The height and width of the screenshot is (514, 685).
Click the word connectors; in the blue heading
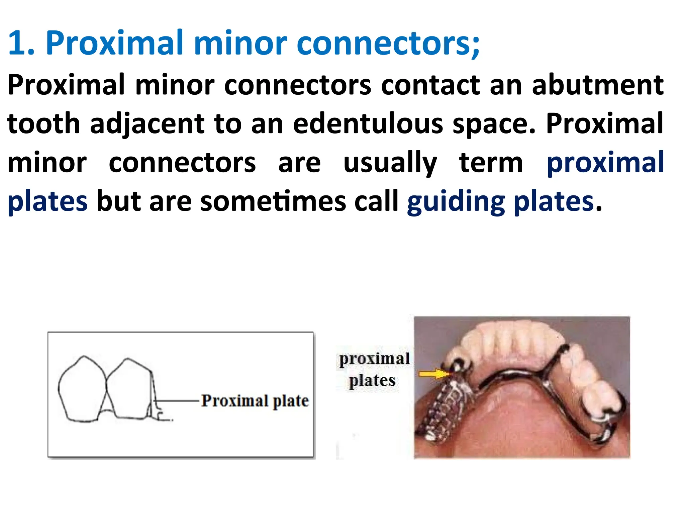(388, 44)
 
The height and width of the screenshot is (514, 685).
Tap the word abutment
(597, 85)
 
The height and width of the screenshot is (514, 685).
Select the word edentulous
(368, 124)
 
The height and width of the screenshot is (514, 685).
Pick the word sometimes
(273, 202)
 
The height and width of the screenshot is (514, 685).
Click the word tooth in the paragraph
(43, 124)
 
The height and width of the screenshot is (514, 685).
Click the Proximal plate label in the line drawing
(255, 401)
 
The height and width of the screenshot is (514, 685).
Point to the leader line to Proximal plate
(177, 400)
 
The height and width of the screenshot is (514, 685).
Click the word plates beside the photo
(372, 380)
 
